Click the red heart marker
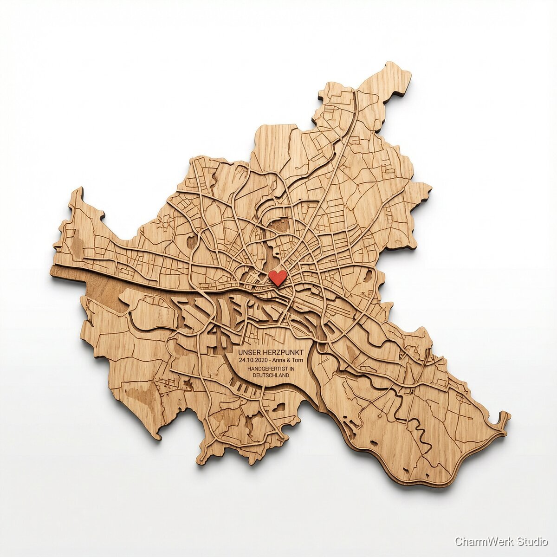[278, 278]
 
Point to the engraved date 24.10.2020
[252, 361]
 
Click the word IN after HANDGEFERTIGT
[292, 369]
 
